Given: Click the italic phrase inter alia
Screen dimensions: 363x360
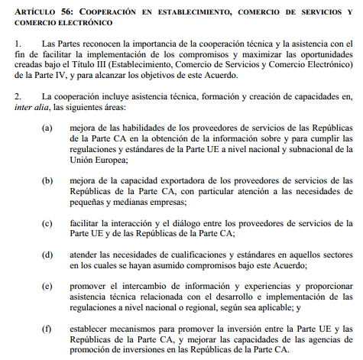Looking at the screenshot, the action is coord(31,109).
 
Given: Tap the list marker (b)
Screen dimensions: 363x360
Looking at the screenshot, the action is coord(49,180).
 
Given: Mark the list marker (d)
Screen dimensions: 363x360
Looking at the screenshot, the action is coord(49,254).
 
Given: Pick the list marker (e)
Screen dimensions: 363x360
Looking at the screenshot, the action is coord(49,285).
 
